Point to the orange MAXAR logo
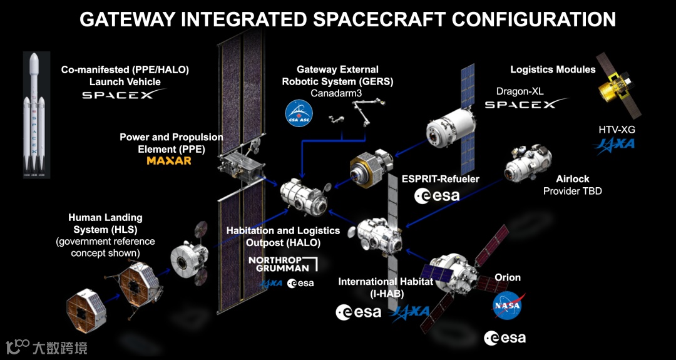point(169,161)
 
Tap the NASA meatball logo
point(508,306)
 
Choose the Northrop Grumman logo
point(282,264)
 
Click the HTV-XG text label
point(616,128)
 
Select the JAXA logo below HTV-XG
point(616,144)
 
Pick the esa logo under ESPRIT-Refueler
point(437,196)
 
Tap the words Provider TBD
point(572,191)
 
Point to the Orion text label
point(508,277)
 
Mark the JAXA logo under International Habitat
point(410,312)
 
